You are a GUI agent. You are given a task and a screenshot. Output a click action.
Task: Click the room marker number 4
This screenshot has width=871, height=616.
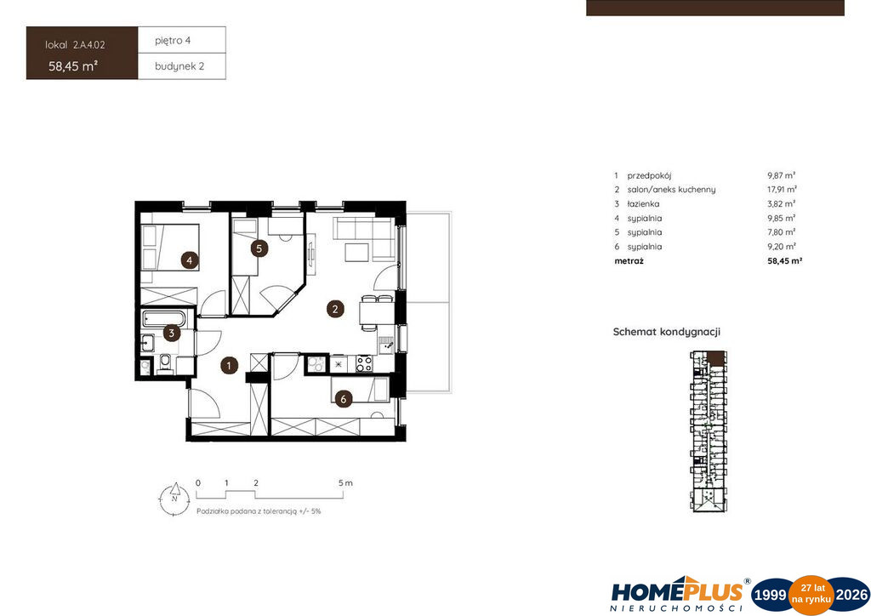tap(190, 260)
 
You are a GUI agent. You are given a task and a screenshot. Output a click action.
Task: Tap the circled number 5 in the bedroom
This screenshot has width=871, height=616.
tap(259, 248)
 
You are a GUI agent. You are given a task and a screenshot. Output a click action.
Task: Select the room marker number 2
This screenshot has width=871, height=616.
tap(335, 309)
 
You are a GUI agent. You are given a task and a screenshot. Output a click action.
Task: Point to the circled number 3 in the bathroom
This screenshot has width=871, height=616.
tap(172, 334)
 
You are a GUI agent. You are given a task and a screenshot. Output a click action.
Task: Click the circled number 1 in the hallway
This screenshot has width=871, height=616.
tap(229, 365)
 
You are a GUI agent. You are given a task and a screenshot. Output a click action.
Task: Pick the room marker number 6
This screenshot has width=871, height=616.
tap(344, 398)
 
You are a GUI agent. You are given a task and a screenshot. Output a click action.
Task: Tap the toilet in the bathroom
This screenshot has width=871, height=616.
tap(165, 362)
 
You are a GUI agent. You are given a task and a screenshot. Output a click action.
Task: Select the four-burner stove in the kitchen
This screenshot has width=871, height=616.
tap(364, 364)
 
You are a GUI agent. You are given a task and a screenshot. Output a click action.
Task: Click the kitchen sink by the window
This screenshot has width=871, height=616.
tap(386, 345)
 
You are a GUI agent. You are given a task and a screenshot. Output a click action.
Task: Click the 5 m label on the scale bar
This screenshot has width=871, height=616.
tap(345, 482)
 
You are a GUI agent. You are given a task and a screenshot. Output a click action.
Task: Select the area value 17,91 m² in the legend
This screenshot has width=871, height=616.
tap(782, 190)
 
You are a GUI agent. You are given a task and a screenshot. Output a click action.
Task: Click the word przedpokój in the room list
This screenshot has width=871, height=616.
tap(649, 175)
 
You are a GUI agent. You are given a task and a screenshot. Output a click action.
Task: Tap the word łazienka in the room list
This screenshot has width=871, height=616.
tap(643, 204)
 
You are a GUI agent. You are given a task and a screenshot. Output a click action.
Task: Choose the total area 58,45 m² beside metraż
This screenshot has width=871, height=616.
tap(785, 260)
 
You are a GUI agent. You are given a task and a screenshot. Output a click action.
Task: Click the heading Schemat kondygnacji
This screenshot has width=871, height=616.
tap(667, 332)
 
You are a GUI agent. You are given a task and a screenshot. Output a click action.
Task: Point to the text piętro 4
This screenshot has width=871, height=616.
tap(173, 41)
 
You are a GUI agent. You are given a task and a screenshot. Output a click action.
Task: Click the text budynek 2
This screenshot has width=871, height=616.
tap(179, 66)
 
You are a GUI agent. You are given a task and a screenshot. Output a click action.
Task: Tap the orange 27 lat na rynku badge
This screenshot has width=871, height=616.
tap(811, 595)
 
